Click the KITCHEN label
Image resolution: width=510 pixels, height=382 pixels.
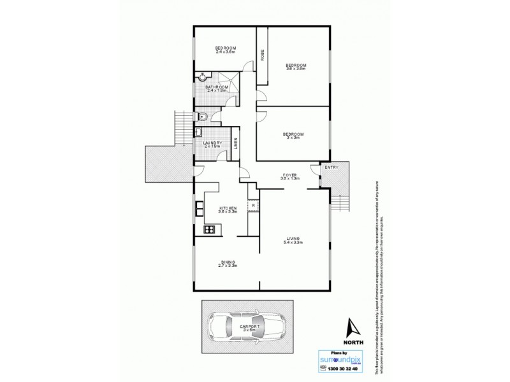(228, 208)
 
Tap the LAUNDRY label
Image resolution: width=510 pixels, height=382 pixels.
(213, 143)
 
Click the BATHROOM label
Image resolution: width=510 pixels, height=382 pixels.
(217, 87)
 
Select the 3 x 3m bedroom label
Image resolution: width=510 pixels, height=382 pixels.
(294, 135)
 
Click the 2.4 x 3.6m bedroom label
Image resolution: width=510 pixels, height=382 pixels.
(225, 50)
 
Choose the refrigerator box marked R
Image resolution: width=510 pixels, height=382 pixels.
(254, 206)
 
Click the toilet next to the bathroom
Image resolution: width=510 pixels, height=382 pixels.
(201, 116)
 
